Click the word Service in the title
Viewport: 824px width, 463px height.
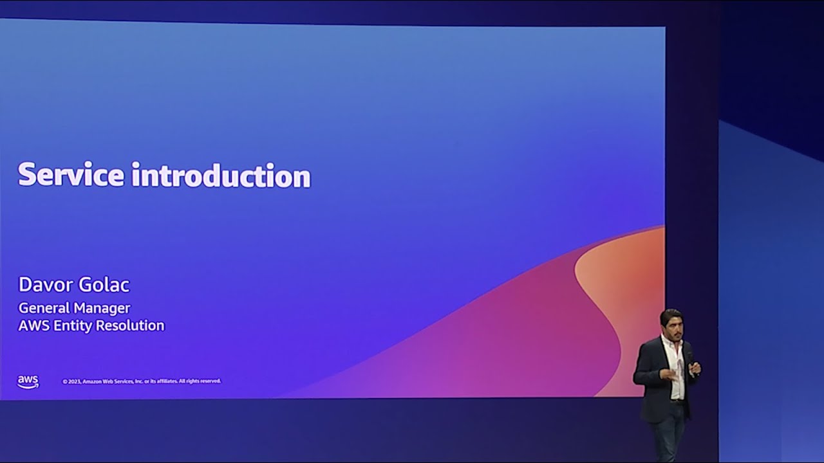click(71, 174)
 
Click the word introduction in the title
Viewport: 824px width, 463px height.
click(221, 176)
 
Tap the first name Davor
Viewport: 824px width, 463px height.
click(45, 285)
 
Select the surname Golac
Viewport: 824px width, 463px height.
click(104, 285)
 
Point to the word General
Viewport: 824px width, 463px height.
click(44, 308)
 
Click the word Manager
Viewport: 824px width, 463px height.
click(102, 309)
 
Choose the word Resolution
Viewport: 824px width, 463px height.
click(130, 325)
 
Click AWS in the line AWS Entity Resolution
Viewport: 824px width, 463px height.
click(34, 325)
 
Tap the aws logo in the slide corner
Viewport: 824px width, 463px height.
click(28, 382)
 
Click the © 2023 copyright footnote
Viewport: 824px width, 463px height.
click(142, 381)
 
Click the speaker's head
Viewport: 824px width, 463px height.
click(671, 323)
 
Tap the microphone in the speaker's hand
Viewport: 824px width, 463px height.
click(691, 364)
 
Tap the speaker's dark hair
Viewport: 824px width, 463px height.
click(671, 314)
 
